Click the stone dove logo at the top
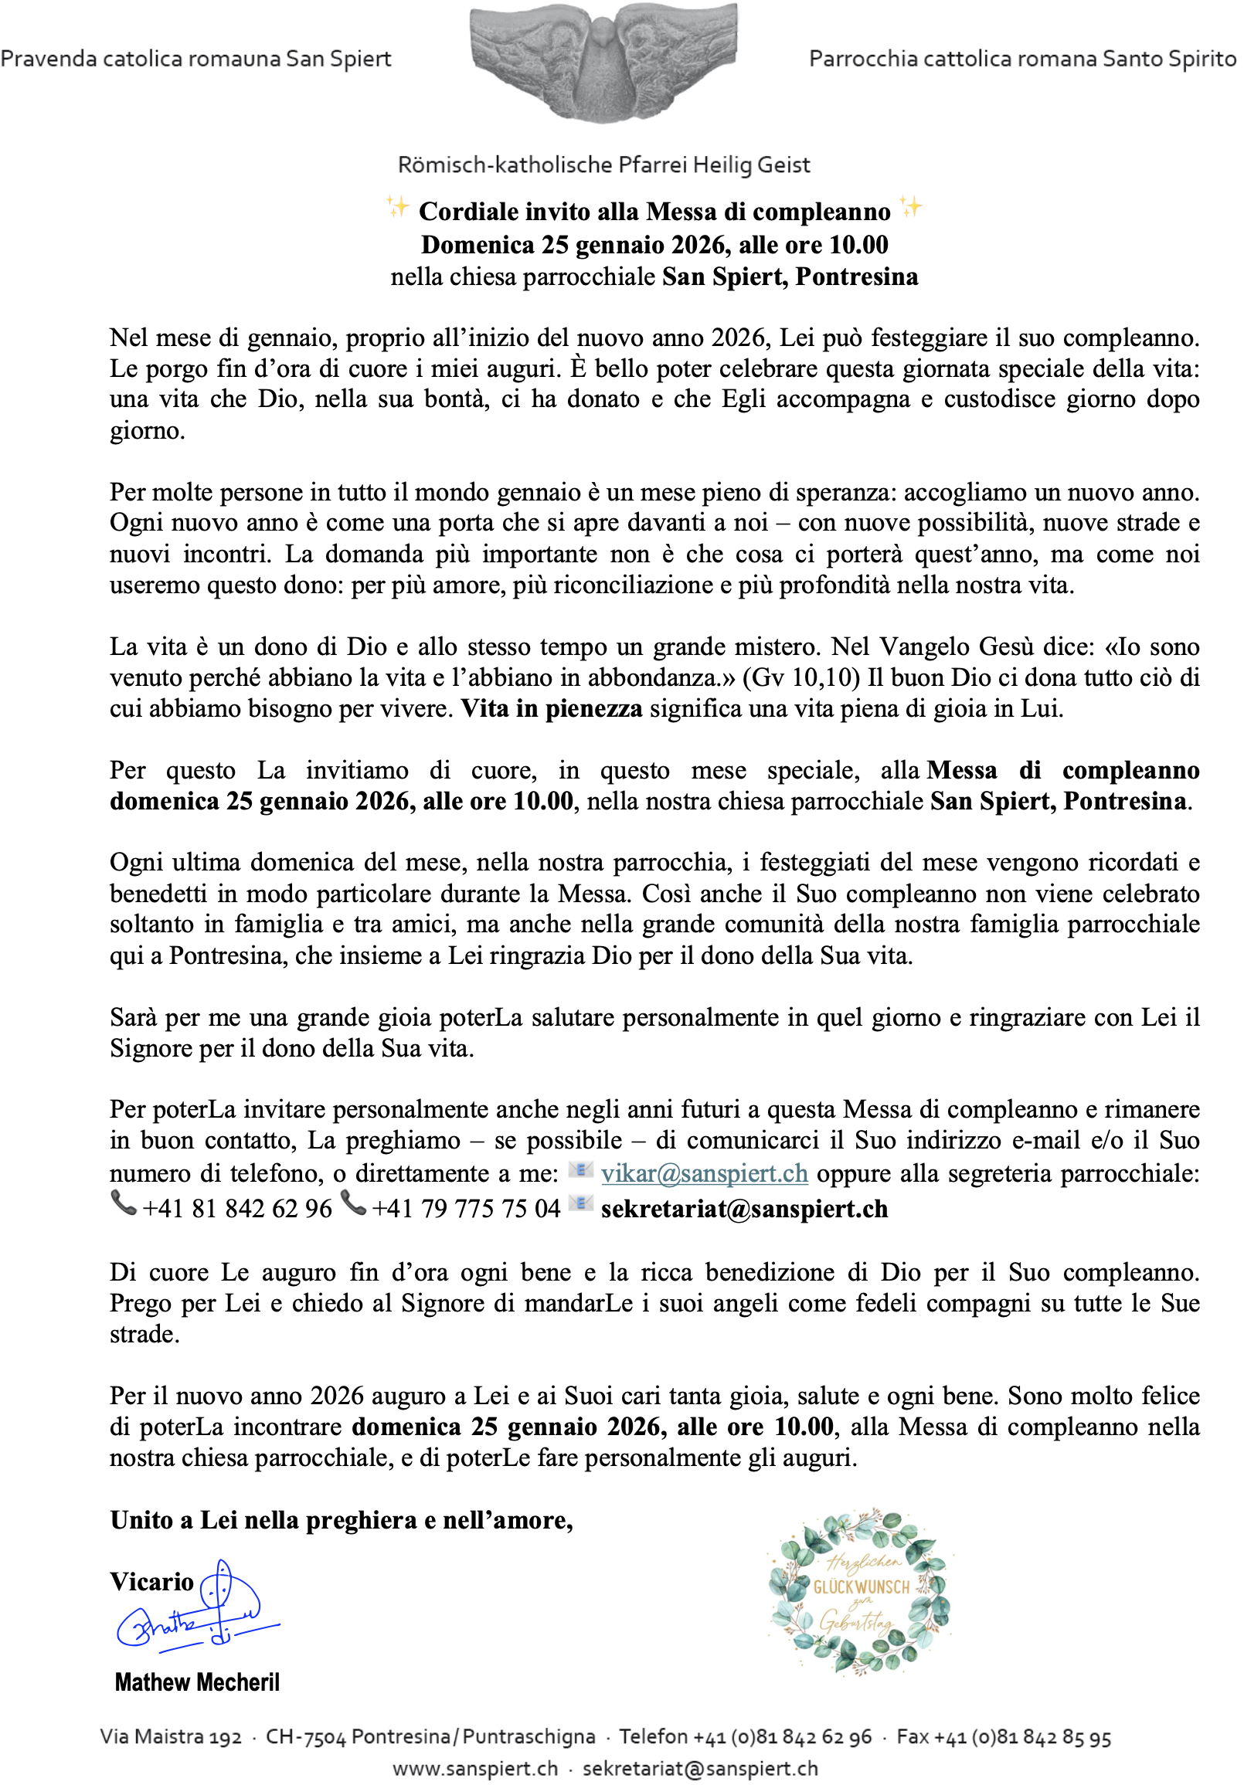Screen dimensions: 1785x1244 point(603,63)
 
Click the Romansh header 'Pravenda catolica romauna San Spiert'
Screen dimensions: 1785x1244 point(196,59)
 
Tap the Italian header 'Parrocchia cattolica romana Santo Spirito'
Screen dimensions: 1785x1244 point(1021,59)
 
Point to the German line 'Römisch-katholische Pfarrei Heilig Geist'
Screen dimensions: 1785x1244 point(603,165)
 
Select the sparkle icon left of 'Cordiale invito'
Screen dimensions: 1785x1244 point(397,208)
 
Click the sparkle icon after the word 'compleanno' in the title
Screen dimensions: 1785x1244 point(910,208)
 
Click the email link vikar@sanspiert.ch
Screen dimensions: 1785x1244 point(704,1172)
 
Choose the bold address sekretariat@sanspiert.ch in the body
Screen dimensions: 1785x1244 point(744,1208)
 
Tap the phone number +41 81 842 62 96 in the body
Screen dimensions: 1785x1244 point(237,1208)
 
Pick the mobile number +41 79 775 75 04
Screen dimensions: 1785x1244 point(466,1208)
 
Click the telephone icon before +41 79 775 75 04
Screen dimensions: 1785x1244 point(354,1204)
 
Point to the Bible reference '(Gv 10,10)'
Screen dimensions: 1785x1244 point(800,678)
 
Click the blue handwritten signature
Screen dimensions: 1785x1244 point(199,1608)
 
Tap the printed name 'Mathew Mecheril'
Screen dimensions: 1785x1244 point(197,1682)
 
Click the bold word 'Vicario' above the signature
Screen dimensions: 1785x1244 point(151,1581)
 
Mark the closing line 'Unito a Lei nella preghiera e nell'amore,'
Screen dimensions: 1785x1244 point(342,1520)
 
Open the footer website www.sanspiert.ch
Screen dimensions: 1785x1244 point(475,1768)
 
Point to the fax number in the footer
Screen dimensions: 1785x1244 point(1004,1737)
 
